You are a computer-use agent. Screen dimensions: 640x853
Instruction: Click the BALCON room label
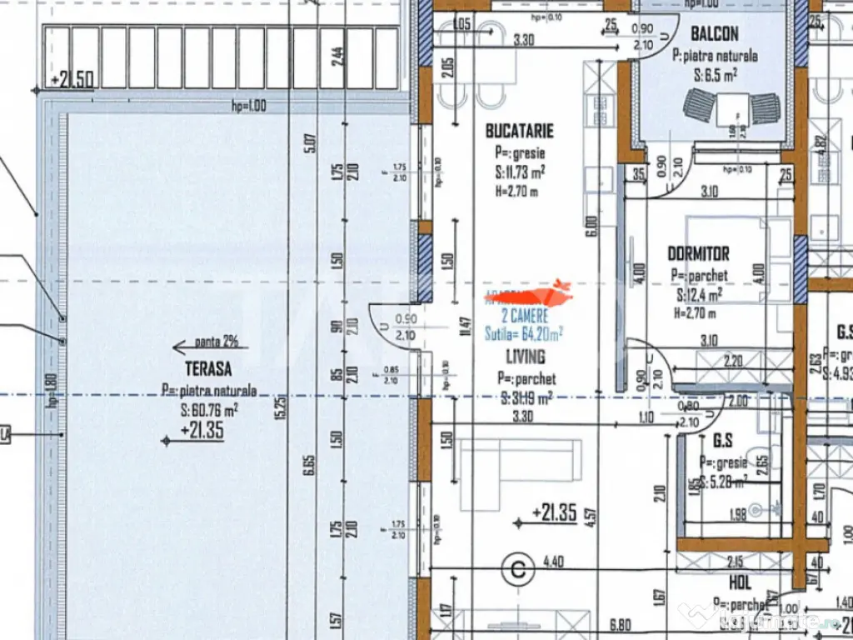715,34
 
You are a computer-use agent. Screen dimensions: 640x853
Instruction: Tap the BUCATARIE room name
519,131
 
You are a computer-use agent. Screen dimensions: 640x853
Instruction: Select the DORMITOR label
698,253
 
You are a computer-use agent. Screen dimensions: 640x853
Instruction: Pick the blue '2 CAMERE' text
525,316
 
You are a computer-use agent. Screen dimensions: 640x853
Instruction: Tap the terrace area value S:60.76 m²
209,408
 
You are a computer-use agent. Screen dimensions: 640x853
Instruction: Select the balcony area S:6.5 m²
714,73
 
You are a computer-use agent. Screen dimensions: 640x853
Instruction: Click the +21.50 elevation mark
76,80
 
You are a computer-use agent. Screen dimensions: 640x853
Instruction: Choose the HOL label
741,583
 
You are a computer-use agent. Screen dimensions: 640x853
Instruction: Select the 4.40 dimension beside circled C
552,562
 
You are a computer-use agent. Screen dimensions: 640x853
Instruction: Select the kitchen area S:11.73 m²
520,172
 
